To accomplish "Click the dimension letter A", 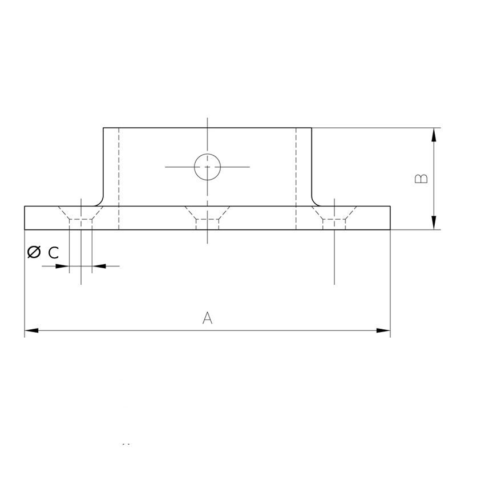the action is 207,318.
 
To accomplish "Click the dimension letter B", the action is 421,179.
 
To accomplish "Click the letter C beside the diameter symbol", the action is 54,253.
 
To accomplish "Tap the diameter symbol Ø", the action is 34,252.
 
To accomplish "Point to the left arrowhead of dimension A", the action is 31,330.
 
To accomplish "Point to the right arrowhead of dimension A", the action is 383,330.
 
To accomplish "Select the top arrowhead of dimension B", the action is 434,135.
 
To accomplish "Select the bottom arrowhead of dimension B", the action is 434,223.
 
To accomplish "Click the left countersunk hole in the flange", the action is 80,218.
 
